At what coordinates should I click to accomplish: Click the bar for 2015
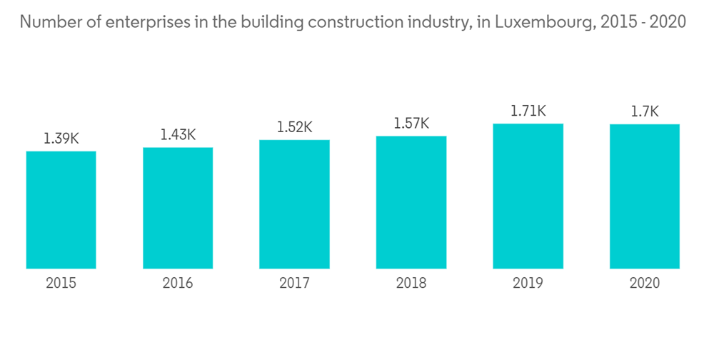(61, 210)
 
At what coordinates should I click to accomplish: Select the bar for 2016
(178, 208)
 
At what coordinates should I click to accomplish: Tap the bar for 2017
(294, 204)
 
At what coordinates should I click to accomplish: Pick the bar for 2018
(411, 202)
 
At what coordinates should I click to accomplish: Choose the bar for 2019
(528, 196)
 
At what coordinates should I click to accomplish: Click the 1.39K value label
(61, 139)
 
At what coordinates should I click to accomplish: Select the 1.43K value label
(178, 134)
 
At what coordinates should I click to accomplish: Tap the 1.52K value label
(294, 127)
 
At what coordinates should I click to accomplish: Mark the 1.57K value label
(411, 124)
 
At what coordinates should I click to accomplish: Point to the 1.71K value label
(528, 111)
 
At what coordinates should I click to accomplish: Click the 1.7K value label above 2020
(645, 111)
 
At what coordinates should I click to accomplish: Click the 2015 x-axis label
(61, 284)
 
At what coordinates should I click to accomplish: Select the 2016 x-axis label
(178, 284)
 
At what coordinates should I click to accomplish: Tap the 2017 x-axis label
(294, 284)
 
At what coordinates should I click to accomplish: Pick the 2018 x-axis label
(411, 284)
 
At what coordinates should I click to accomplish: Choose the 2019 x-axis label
(528, 284)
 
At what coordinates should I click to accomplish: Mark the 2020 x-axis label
(645, 284)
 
